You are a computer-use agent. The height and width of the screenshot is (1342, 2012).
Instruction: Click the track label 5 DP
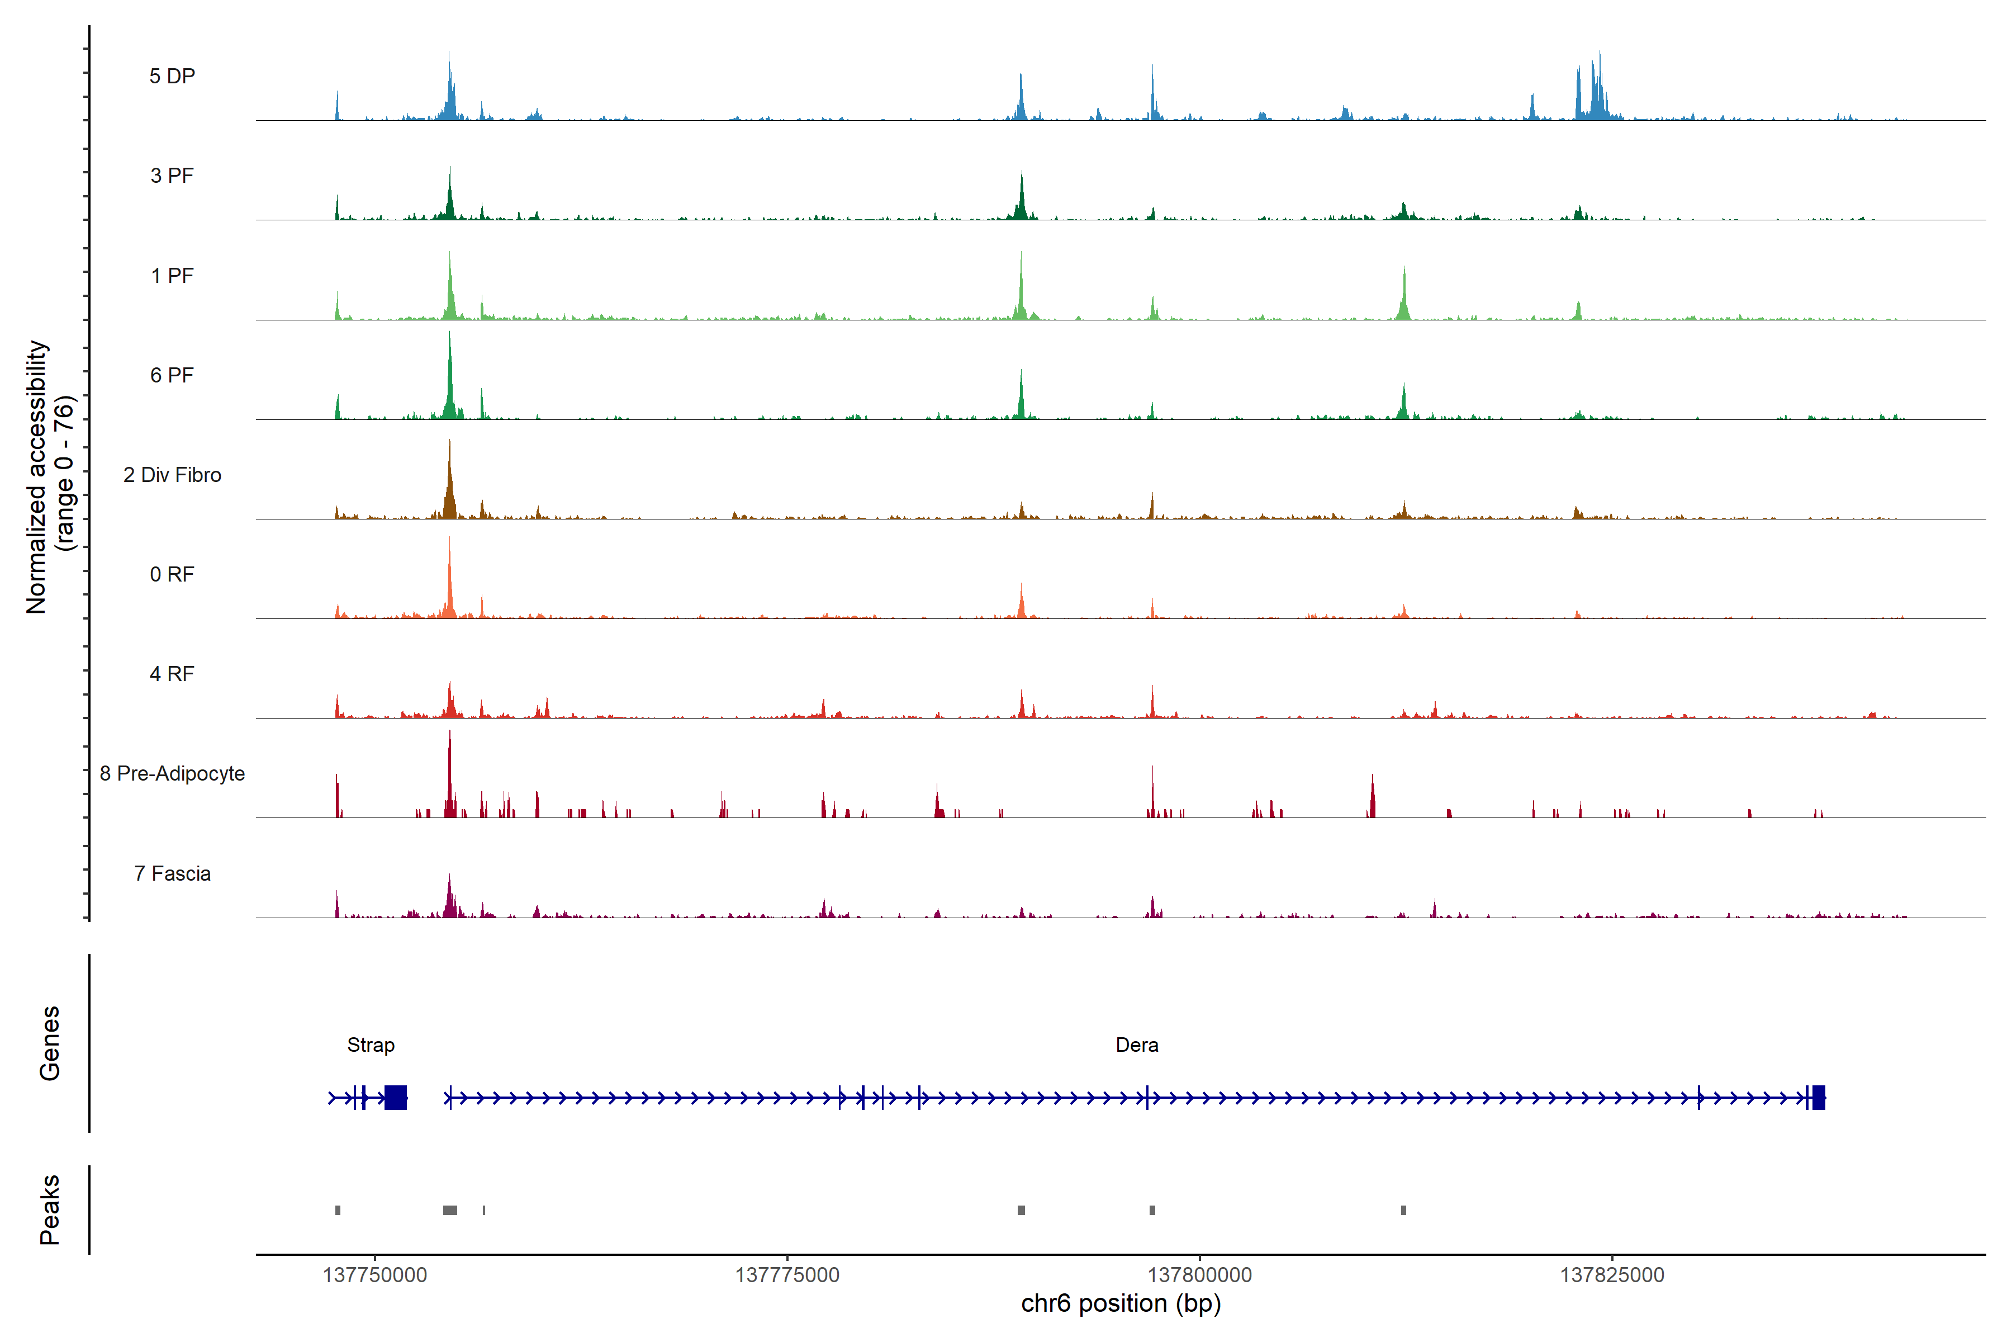pos(172,76)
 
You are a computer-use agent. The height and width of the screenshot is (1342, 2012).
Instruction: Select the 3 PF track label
pos(172,176)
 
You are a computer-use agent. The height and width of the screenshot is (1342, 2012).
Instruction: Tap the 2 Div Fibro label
pos(172,475)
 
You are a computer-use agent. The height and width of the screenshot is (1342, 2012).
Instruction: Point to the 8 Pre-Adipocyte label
pos(172,774)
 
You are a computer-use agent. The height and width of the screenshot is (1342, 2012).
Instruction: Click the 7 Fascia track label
pos(172,874)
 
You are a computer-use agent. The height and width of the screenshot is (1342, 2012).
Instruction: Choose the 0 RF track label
pos(172,574)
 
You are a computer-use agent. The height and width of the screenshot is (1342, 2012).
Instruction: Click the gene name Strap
pos(371,1045)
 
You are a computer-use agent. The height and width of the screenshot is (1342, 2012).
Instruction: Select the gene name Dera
pos(1137,1045)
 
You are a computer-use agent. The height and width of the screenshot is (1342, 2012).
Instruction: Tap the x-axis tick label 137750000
pos(374,1275)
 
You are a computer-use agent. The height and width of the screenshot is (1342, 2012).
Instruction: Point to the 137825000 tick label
pos(1612,1275)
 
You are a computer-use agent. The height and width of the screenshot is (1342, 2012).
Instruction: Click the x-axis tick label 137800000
pos(1199,1275)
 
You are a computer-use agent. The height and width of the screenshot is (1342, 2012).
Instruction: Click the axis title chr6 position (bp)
pos(1121,1303)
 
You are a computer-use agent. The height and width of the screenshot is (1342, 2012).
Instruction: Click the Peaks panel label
pos(50,1209)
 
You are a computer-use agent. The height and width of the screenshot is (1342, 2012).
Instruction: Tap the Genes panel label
pos(50,1043)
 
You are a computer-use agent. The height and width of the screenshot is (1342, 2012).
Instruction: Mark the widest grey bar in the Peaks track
pos(450,1210)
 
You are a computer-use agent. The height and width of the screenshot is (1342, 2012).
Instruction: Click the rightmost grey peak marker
pos(1403,1210)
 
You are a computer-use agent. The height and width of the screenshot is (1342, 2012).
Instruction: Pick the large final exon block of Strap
pos(395,1097)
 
